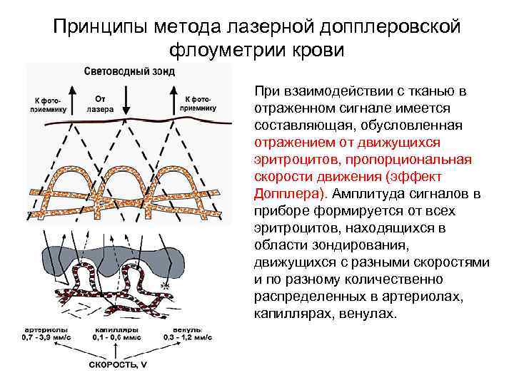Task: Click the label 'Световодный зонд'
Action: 129,71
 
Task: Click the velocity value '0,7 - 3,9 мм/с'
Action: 45,339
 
